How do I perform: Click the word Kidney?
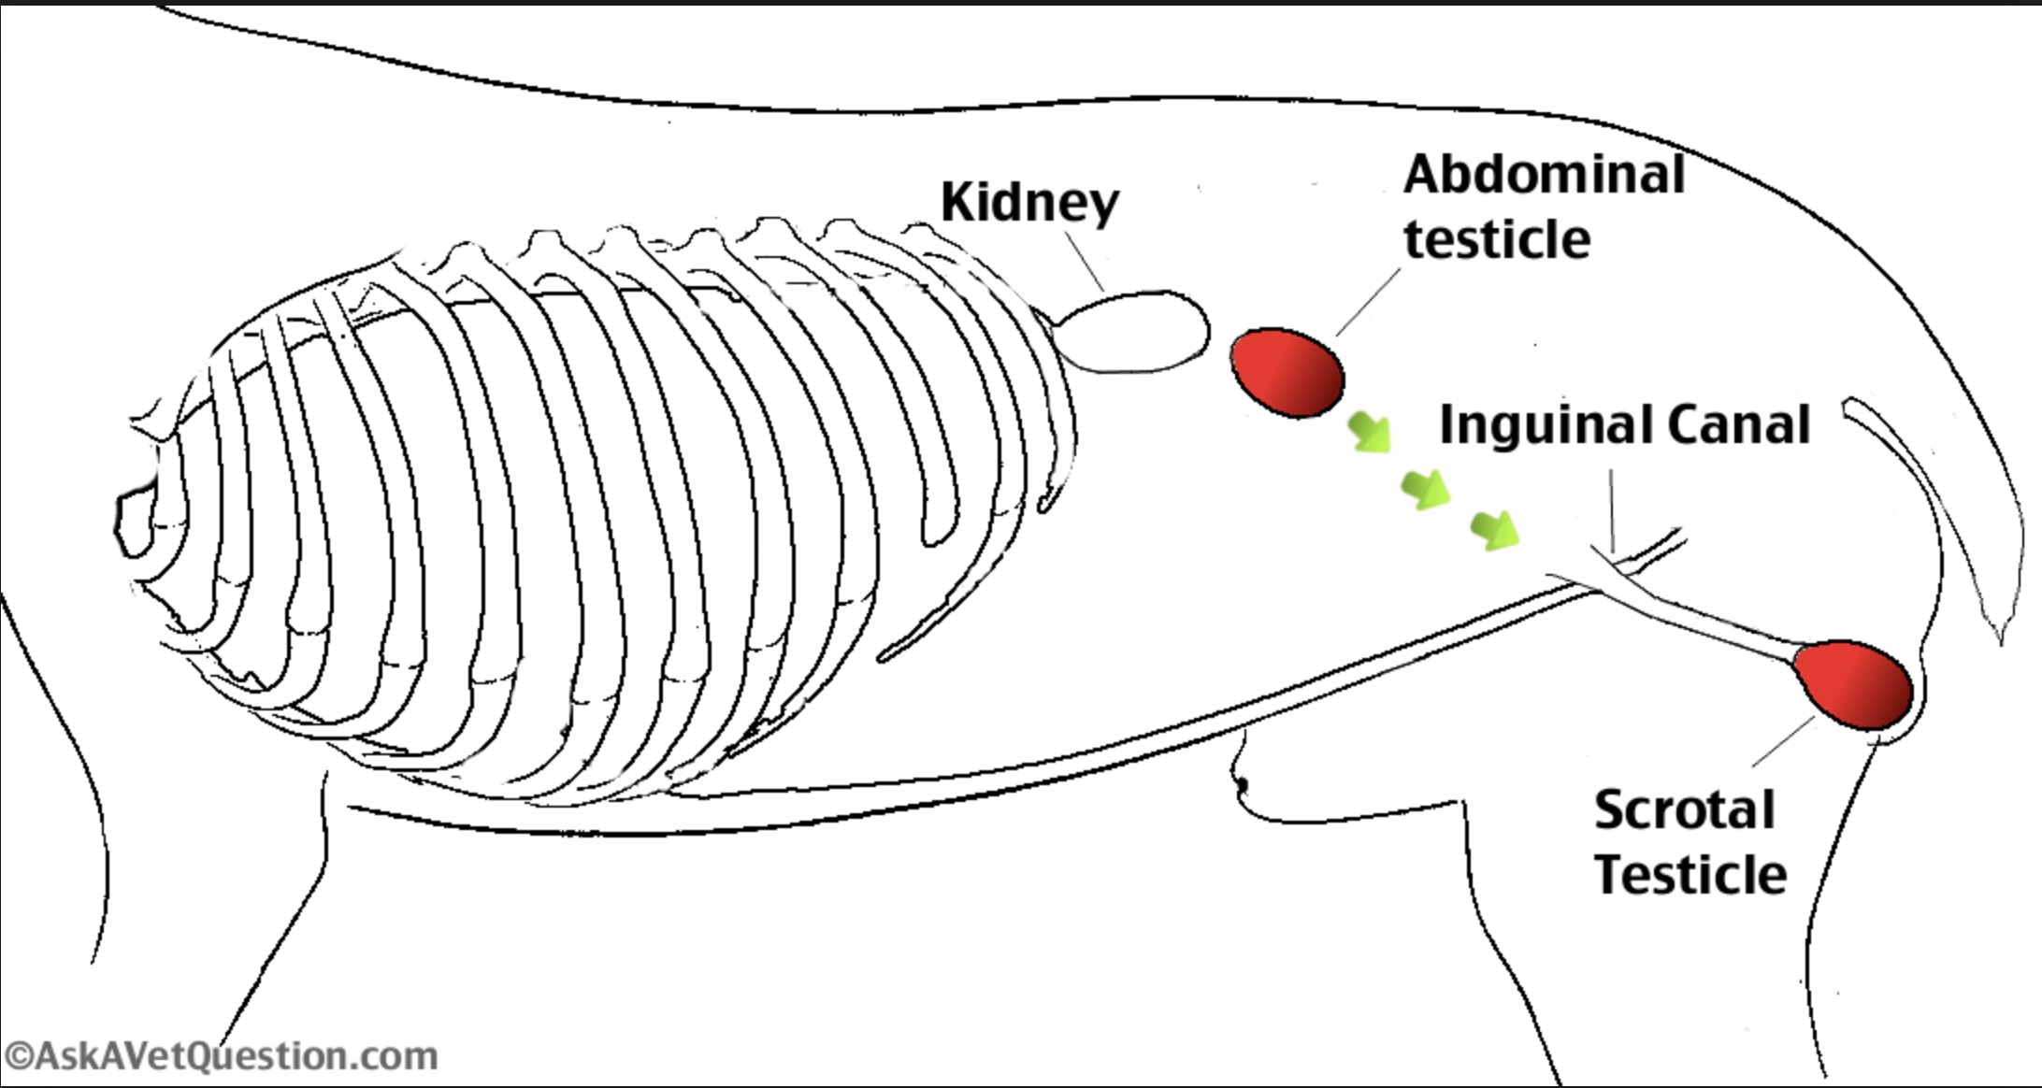1028,203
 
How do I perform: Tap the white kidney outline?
1131,332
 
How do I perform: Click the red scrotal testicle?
1851,685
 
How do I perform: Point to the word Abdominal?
1544,175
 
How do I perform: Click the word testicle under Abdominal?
1496,239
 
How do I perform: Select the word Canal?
1739,425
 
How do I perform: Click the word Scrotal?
1684,809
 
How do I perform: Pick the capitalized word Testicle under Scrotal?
1690,875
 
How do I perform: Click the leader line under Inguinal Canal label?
1611,509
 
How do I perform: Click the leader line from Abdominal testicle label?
1369,302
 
